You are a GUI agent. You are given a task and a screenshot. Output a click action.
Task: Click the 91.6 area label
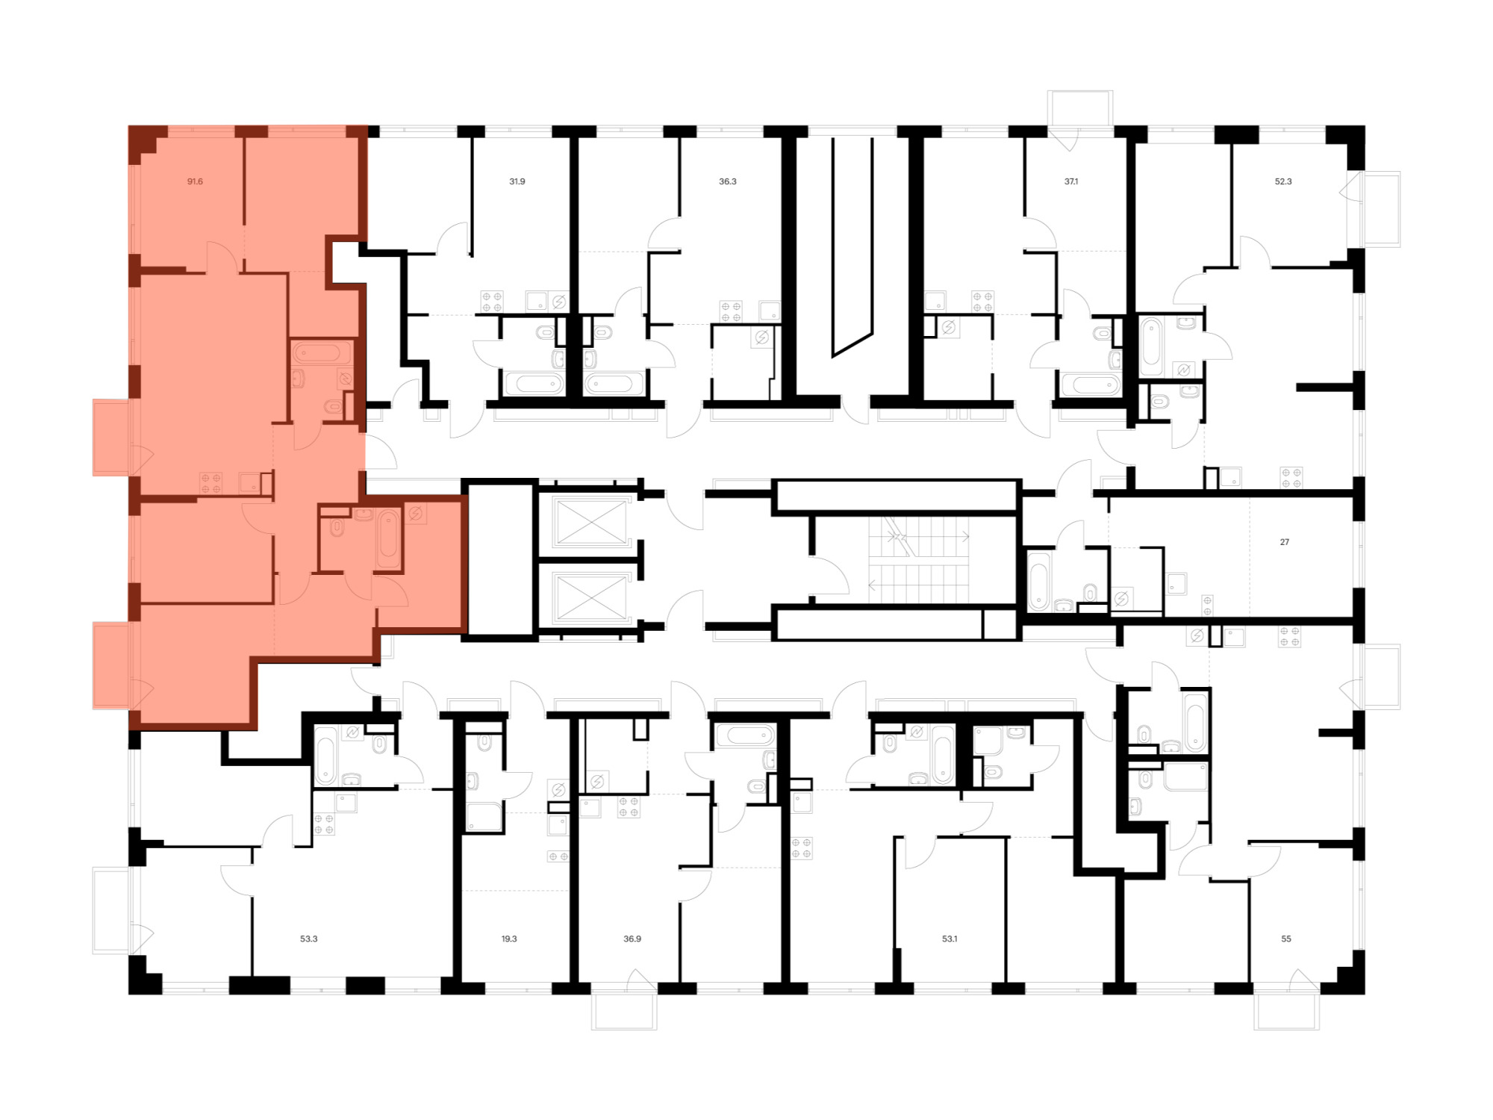point(195,181)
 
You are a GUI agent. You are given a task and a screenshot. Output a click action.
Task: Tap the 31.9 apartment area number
point(517,181)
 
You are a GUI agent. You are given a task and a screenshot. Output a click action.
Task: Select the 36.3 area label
point(728,181)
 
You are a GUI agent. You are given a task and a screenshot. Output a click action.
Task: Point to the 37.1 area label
point(1071,181)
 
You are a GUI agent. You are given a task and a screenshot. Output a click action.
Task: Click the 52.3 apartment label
point(1283,181)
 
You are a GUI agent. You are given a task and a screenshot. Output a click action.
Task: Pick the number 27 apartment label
point(1285,542)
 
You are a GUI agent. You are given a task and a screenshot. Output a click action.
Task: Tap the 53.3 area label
point(309,939)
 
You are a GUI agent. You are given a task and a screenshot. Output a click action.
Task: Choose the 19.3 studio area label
point(509,939)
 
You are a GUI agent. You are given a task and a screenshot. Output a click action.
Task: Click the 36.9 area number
point(632,939)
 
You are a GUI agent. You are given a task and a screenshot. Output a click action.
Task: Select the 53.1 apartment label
point(950,939)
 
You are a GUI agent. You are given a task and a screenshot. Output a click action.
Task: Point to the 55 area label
point(1286,939)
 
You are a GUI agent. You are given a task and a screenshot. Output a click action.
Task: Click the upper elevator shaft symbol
point(590,522)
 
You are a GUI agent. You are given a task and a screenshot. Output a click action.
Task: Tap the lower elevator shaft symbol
point(590,597)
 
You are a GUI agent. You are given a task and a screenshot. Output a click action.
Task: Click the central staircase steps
point(918,560)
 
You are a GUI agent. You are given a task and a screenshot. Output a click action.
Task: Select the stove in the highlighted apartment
point(211,483)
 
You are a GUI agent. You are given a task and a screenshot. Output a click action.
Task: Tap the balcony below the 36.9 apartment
point(624,1011)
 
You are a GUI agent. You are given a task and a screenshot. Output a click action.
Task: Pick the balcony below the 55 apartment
point(1287,1011)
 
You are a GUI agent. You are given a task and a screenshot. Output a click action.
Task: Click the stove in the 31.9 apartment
point(492,302)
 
